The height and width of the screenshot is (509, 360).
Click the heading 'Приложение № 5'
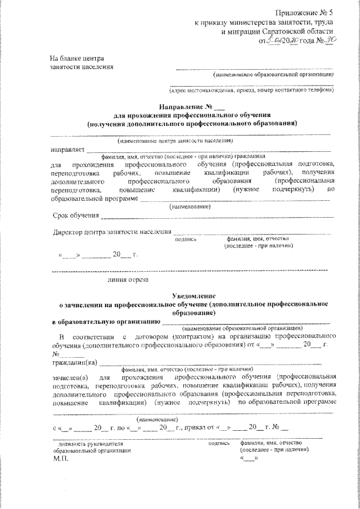305,12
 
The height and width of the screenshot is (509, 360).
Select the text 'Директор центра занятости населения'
112,232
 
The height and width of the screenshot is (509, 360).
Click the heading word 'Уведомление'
193,296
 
